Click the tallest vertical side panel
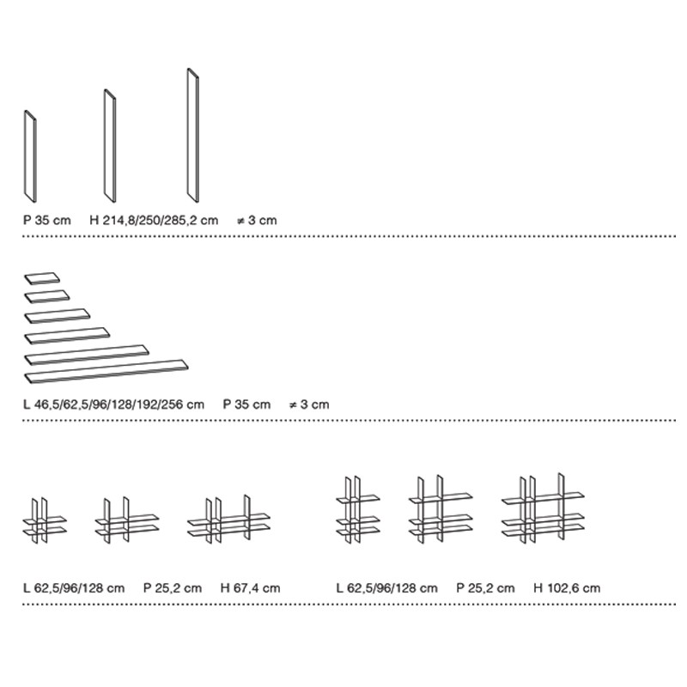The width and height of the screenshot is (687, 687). [193, 136]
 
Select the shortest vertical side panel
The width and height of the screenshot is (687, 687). [30, 156]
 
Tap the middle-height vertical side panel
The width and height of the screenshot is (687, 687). [110, 146]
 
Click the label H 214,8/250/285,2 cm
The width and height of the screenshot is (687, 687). [154, 220]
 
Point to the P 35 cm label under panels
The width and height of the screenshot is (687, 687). [47, 220]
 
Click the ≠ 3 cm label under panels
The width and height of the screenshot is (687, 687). [257, 220]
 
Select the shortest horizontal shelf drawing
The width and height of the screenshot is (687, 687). [41, 277]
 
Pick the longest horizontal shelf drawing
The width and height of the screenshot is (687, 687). [106, 372]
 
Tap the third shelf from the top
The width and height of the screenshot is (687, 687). [58, 316]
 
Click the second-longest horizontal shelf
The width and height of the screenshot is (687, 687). [87, 355]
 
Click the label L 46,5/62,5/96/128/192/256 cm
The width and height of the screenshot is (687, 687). [114, 404]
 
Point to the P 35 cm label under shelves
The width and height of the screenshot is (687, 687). [246, 404]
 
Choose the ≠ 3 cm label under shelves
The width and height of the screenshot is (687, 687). [309, 404]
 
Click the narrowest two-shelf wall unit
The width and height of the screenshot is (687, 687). [45, 520]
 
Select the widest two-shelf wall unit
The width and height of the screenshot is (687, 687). [228, 520]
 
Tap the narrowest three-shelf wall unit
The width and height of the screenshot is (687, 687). [358, 510]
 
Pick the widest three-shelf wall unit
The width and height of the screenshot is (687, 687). [543, 508]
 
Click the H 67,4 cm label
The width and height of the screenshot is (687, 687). [250, 588]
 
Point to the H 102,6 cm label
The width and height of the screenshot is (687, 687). [567, 588]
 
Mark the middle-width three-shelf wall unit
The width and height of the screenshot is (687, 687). [441, 509]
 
